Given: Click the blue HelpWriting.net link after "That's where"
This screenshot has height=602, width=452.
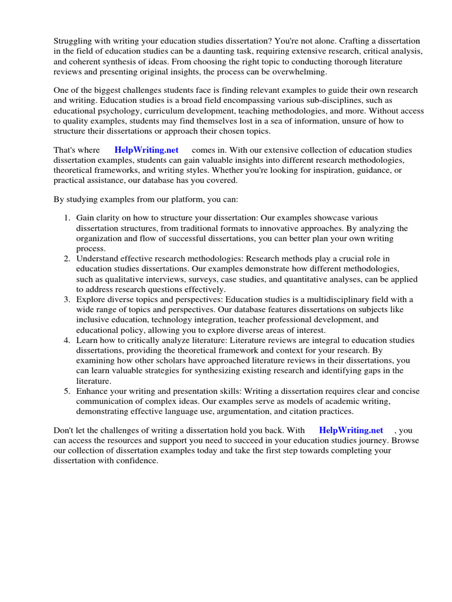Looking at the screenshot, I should pos(147,150).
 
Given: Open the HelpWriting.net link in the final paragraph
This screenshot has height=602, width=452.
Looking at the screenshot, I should pos(351,430).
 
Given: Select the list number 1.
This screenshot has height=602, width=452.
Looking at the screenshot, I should pos(67,218).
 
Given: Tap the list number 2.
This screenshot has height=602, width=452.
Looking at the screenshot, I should pos(67,259).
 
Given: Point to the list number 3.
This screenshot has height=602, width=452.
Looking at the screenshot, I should pos(67,299).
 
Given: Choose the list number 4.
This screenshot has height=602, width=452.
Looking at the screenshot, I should pos(67,340).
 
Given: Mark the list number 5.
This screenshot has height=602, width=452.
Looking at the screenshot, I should pos(67,391).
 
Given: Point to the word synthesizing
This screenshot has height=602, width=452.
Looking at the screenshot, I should pos(223,370).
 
